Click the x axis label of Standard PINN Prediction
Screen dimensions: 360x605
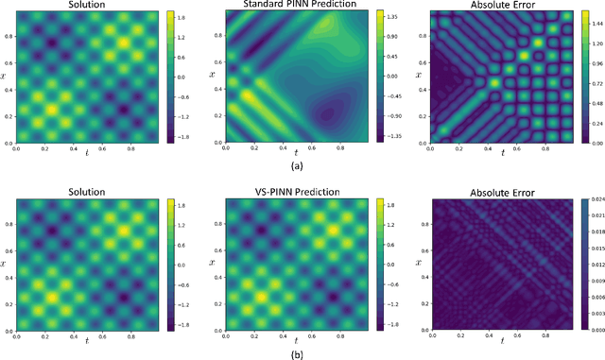[x=212, y=74]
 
